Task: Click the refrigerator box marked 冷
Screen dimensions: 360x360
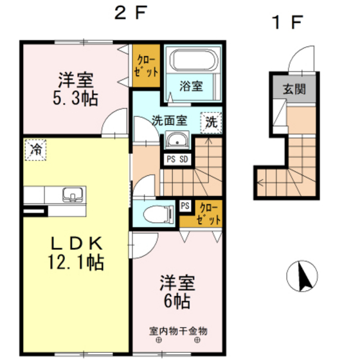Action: (x=36, y=150)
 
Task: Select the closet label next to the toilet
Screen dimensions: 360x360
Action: (x=208, y=213)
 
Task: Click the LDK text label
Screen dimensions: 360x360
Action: (x=76, y=243)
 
